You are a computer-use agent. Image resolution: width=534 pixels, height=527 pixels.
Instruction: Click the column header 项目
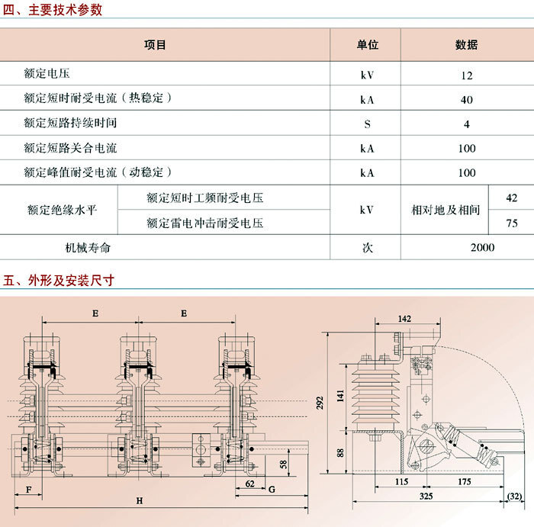155,44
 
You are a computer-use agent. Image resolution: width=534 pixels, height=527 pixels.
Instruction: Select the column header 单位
368,44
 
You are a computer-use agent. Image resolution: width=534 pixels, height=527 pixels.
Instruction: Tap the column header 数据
467,44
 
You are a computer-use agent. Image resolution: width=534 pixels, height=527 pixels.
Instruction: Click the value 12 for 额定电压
467,76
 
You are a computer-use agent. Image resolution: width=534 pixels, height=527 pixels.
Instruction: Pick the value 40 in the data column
467,100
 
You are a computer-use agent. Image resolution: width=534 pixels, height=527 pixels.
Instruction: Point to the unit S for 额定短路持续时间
367,124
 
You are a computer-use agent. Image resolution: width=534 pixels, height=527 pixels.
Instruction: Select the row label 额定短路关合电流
70,148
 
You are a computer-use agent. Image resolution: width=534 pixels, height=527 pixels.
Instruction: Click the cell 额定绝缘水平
62,210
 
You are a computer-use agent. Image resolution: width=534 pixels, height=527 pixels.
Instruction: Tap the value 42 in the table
512,198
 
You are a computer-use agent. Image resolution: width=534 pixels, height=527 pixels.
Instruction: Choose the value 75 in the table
512,223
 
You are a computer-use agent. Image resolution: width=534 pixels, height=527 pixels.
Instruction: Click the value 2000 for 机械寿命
483,248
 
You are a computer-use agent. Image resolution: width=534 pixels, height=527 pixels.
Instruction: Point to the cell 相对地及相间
446,210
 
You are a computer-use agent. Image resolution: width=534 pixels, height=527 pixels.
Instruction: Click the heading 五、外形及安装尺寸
58,281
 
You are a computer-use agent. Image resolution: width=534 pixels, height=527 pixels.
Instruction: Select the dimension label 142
404,319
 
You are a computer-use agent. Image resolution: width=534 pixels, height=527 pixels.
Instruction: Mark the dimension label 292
320,403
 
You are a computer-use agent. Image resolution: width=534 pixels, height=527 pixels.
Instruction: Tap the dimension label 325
426,496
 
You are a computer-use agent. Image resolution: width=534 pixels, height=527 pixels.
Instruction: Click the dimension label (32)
514,496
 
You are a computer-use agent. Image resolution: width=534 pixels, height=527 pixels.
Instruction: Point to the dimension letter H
140,501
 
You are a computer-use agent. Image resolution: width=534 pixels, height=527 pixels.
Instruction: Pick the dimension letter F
29,490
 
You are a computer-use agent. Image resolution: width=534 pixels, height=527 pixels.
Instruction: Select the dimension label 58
283,464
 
